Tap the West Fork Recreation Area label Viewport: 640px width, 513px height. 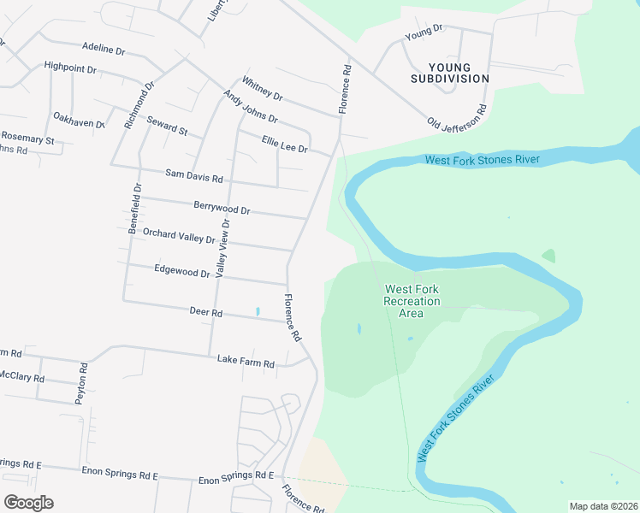[412, 301]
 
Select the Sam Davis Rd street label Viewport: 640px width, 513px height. [193, 177]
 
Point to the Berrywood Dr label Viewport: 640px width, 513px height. [222, 208]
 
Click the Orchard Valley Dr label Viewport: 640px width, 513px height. [179, 235]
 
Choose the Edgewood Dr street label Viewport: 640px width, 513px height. [182, 272]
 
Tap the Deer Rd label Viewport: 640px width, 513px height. [205, 313]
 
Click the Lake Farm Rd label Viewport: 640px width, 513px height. [246, 363]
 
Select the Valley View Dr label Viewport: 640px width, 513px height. [223, 248]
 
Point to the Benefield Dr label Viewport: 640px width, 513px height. [134, 209]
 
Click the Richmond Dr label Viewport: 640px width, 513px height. [139, 105]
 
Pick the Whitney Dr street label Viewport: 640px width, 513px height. [262, 87]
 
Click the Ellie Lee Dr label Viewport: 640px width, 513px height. [284, 143]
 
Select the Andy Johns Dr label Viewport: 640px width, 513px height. [250, 107]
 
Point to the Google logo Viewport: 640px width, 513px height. [28, 503]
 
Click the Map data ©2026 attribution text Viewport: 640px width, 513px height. [603, 506]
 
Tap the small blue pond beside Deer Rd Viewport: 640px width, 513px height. [256, 311]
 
